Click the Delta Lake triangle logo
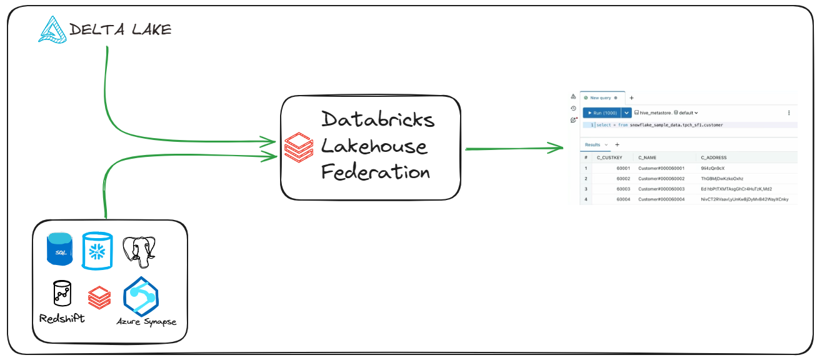point(51,29)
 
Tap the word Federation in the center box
point(375,172)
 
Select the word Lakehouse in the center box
point(374,146)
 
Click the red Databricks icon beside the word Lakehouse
point(299,147)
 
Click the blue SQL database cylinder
point(59,248)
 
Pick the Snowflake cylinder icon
point(98,249)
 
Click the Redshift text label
point(61,318)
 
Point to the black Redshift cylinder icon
point(61,293)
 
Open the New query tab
point(600,97)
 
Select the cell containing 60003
point(623,189)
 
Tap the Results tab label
point(591,144)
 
